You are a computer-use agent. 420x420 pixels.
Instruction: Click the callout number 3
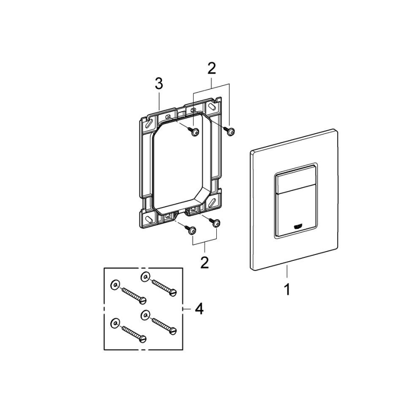click(x=159, y=83)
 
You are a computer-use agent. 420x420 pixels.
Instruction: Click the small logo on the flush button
click(x=299, y=225)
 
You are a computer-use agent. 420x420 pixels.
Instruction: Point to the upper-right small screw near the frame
click(x=230, y=130)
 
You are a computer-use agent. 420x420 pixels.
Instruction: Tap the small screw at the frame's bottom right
click(x=215, y=223)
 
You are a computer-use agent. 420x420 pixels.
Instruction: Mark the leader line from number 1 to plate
click(x=286, y=273)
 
